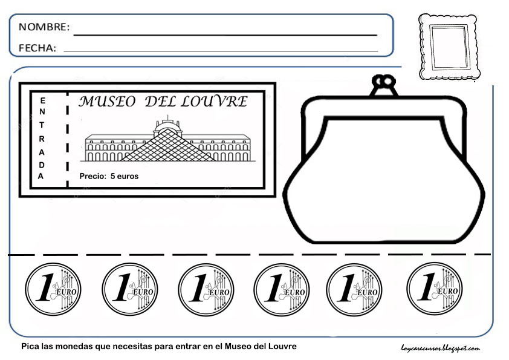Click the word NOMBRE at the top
[x=44, y=27]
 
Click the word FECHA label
[x=37, y=48]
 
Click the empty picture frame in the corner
[x=449, y=47]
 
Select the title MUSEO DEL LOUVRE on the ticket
[x=163, y=102]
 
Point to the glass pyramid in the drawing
[x=167, y=148]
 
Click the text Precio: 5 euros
[x=109, y=177]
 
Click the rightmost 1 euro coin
[x=434, y=289]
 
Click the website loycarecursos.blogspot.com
[x=440, y=347]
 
